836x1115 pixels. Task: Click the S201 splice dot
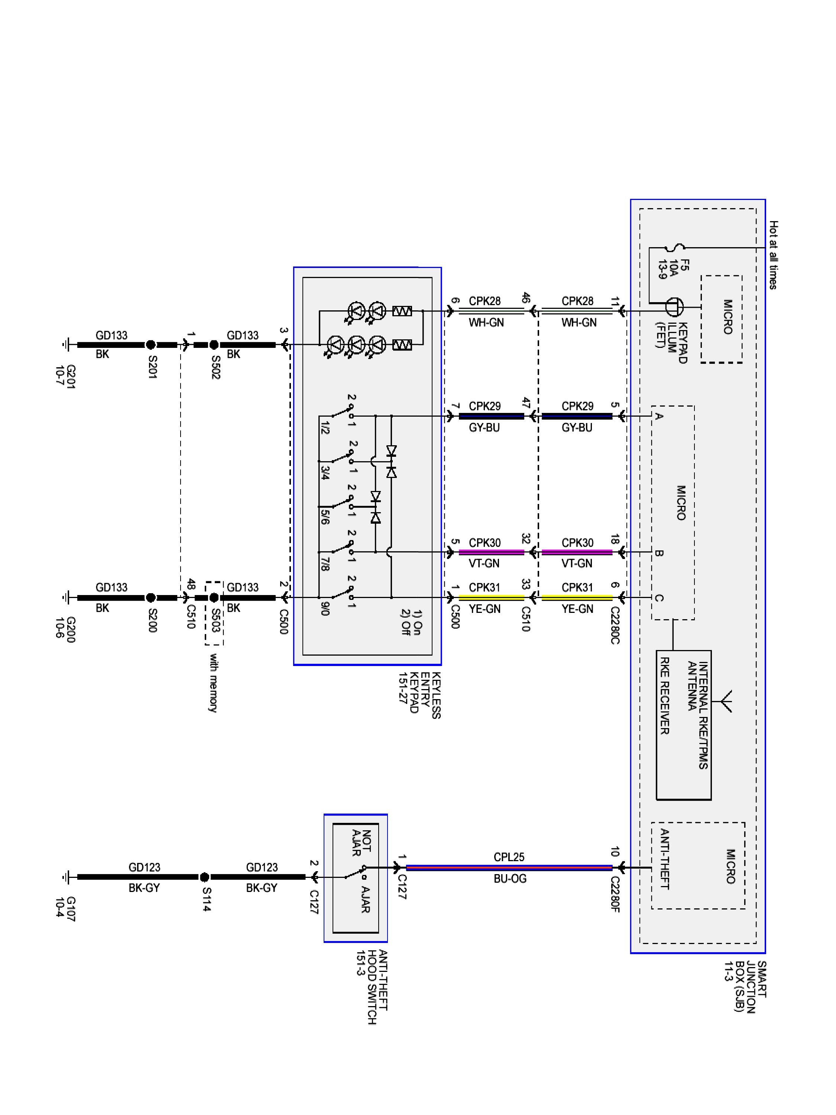[150, 345]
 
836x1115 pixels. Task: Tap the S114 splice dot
[204, 877]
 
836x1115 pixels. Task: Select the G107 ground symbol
[66, 877]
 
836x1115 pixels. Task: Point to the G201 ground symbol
[66, 345]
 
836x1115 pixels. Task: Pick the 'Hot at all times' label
[774, 255]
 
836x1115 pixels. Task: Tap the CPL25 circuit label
[509, 857]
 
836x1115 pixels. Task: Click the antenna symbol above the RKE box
[726, 701]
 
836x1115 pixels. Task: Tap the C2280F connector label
[615, 894]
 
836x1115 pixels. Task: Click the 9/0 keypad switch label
[325, 609]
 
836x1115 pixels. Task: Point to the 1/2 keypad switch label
[325, 428]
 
